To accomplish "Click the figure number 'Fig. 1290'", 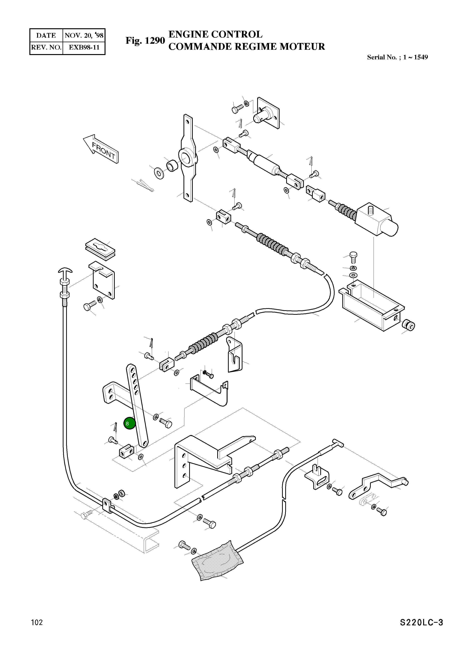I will click(x=145, y=41).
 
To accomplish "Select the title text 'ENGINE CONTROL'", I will click(x=215, y=34).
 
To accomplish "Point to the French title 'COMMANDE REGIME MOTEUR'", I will click(x=246, y=46).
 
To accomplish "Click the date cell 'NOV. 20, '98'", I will click(x=84, y=35).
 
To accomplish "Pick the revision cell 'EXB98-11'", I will click(x=84, y=47).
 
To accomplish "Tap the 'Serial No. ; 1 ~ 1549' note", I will click(x=397, y=57).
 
